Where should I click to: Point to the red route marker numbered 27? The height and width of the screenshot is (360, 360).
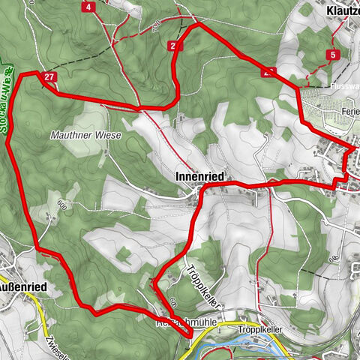(49, 77)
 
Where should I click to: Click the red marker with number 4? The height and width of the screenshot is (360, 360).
(89, 7)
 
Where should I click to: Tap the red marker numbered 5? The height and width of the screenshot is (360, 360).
(331, 55)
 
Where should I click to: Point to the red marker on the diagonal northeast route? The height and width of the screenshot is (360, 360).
(268, 73)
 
